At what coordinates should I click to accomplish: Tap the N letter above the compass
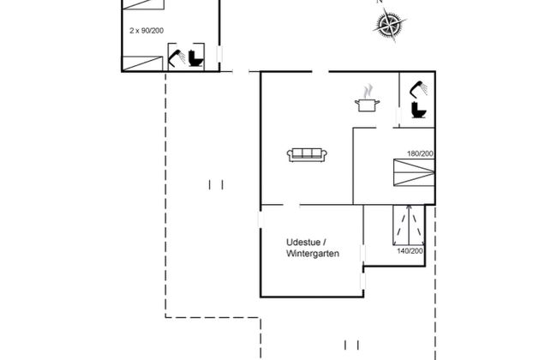tap(380, 3)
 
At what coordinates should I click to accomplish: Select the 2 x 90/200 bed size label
tap(146, 30)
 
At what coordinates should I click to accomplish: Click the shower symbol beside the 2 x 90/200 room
tap(178, 57)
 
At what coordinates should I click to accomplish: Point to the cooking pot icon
tap(367, 104)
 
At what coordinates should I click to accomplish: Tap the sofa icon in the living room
tap(307, 154)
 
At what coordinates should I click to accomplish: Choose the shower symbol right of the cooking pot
tap(419, 87)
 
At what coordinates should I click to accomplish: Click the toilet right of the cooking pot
tap(419, 111)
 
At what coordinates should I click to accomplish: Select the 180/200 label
tap(419, 153)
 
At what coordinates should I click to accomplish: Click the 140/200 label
tap(409, 251)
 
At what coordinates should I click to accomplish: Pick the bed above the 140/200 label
tap(409, 225)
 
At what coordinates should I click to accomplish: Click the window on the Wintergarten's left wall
tap(260, 220)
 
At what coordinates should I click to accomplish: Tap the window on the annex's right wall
tap(220, 57)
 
